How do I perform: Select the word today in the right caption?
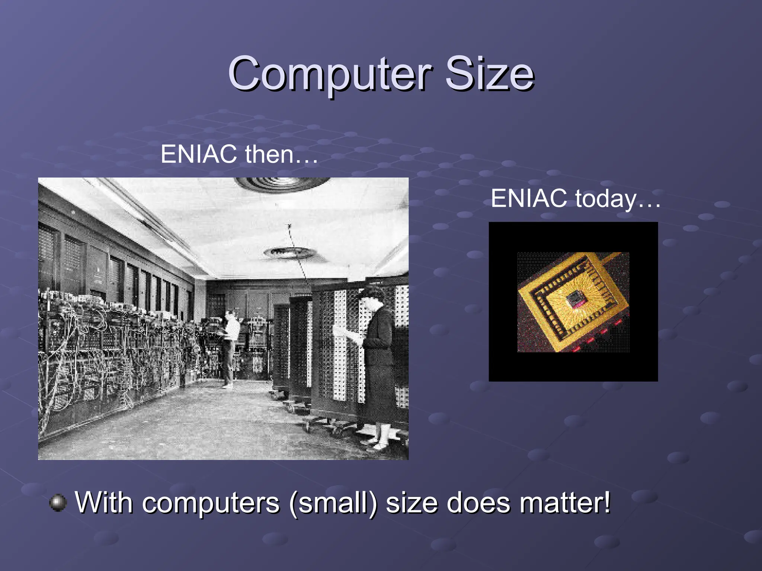coord(606,199)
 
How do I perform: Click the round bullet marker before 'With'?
coord(58,503)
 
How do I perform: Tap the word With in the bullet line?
coord(104,503)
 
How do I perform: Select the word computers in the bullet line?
coord(211,503)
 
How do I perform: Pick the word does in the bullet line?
coord(478,503)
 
